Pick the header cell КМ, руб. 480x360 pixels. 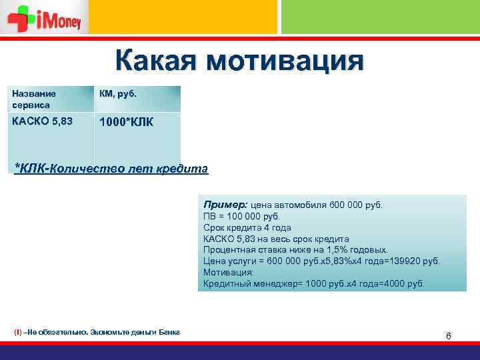(119, 95)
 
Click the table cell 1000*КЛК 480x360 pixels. (127, 123)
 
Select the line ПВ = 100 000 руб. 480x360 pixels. (242, 216)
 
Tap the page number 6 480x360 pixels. (449, 336)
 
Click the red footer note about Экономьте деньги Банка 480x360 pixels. (97, 332)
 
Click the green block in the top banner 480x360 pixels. (380, 17)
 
